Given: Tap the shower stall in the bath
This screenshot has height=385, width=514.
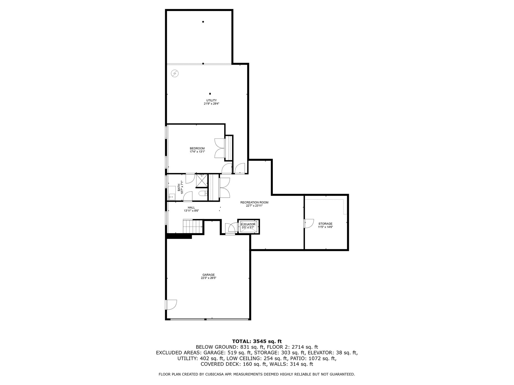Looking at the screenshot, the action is [202, 181].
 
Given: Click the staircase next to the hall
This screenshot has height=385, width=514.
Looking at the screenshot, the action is [192, 226].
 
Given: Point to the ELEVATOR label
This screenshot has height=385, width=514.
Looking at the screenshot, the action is [248, 224].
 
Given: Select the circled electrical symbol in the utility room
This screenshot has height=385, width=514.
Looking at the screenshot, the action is [175, 73].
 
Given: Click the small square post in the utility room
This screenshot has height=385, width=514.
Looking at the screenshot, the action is [210, 94].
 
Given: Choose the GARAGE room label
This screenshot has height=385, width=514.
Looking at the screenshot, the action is [209, 274].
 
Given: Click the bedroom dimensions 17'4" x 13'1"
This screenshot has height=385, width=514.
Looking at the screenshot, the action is [197, 151].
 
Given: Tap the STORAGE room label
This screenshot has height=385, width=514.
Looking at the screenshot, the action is [325, 224].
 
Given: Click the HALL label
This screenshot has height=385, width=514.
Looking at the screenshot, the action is [191, 208].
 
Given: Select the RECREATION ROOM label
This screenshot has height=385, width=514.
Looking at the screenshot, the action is [254, 203].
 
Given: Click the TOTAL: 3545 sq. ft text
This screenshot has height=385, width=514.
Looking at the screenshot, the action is [257, 341].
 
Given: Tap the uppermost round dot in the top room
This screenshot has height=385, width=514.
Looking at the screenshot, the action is [203, 22].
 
